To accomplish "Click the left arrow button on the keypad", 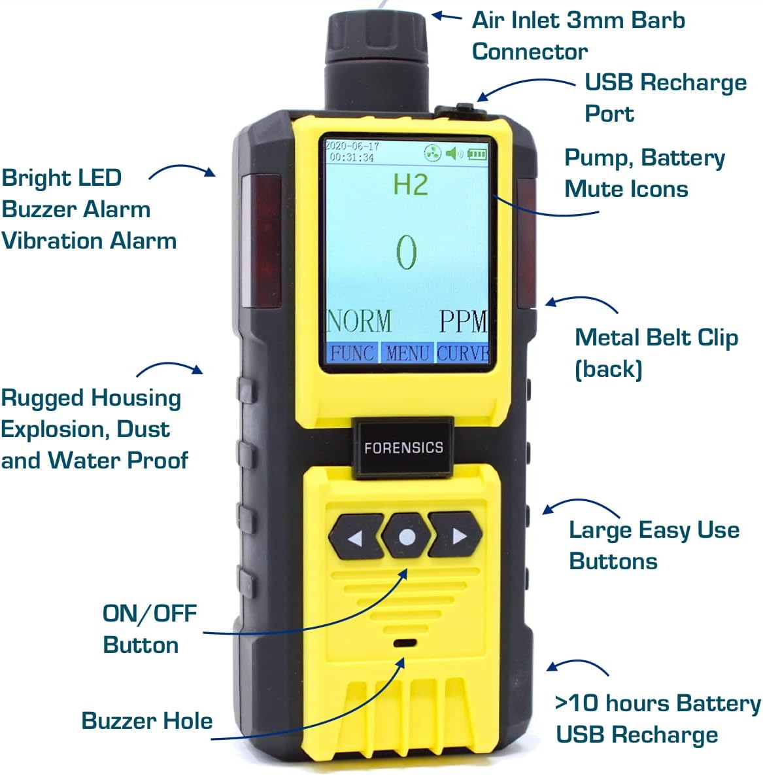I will point(355,537).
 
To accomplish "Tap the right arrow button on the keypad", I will point(457,537).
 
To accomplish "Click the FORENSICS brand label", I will point(403,448).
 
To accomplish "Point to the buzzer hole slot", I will point(406,643).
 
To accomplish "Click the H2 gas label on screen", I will point(411,185).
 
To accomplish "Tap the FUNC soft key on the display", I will point(352,353).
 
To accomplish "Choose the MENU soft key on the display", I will point(407,353).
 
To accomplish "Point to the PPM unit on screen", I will point(463,321).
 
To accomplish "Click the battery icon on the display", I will point(477,154).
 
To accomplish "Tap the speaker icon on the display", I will point(454,154).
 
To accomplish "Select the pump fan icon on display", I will point(432,154).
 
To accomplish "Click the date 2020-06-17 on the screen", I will point(352,146).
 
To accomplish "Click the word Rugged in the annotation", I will point(41,398).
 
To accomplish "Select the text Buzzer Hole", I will point(146,720).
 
